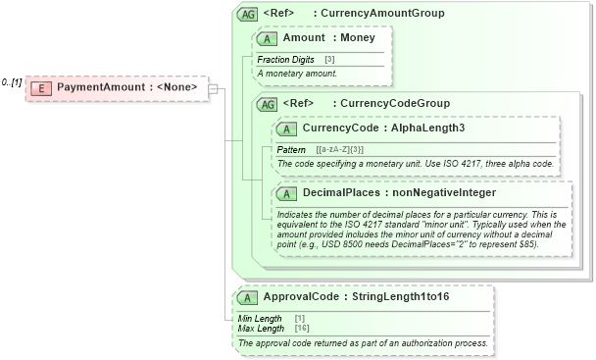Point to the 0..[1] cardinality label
point(13,82)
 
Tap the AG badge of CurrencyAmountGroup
point(248,14)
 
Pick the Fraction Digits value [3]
point(329,60)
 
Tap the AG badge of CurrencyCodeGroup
point(267,103)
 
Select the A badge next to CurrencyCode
point(287,129)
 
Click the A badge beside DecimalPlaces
point(287,192)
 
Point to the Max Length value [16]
point(302,328)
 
